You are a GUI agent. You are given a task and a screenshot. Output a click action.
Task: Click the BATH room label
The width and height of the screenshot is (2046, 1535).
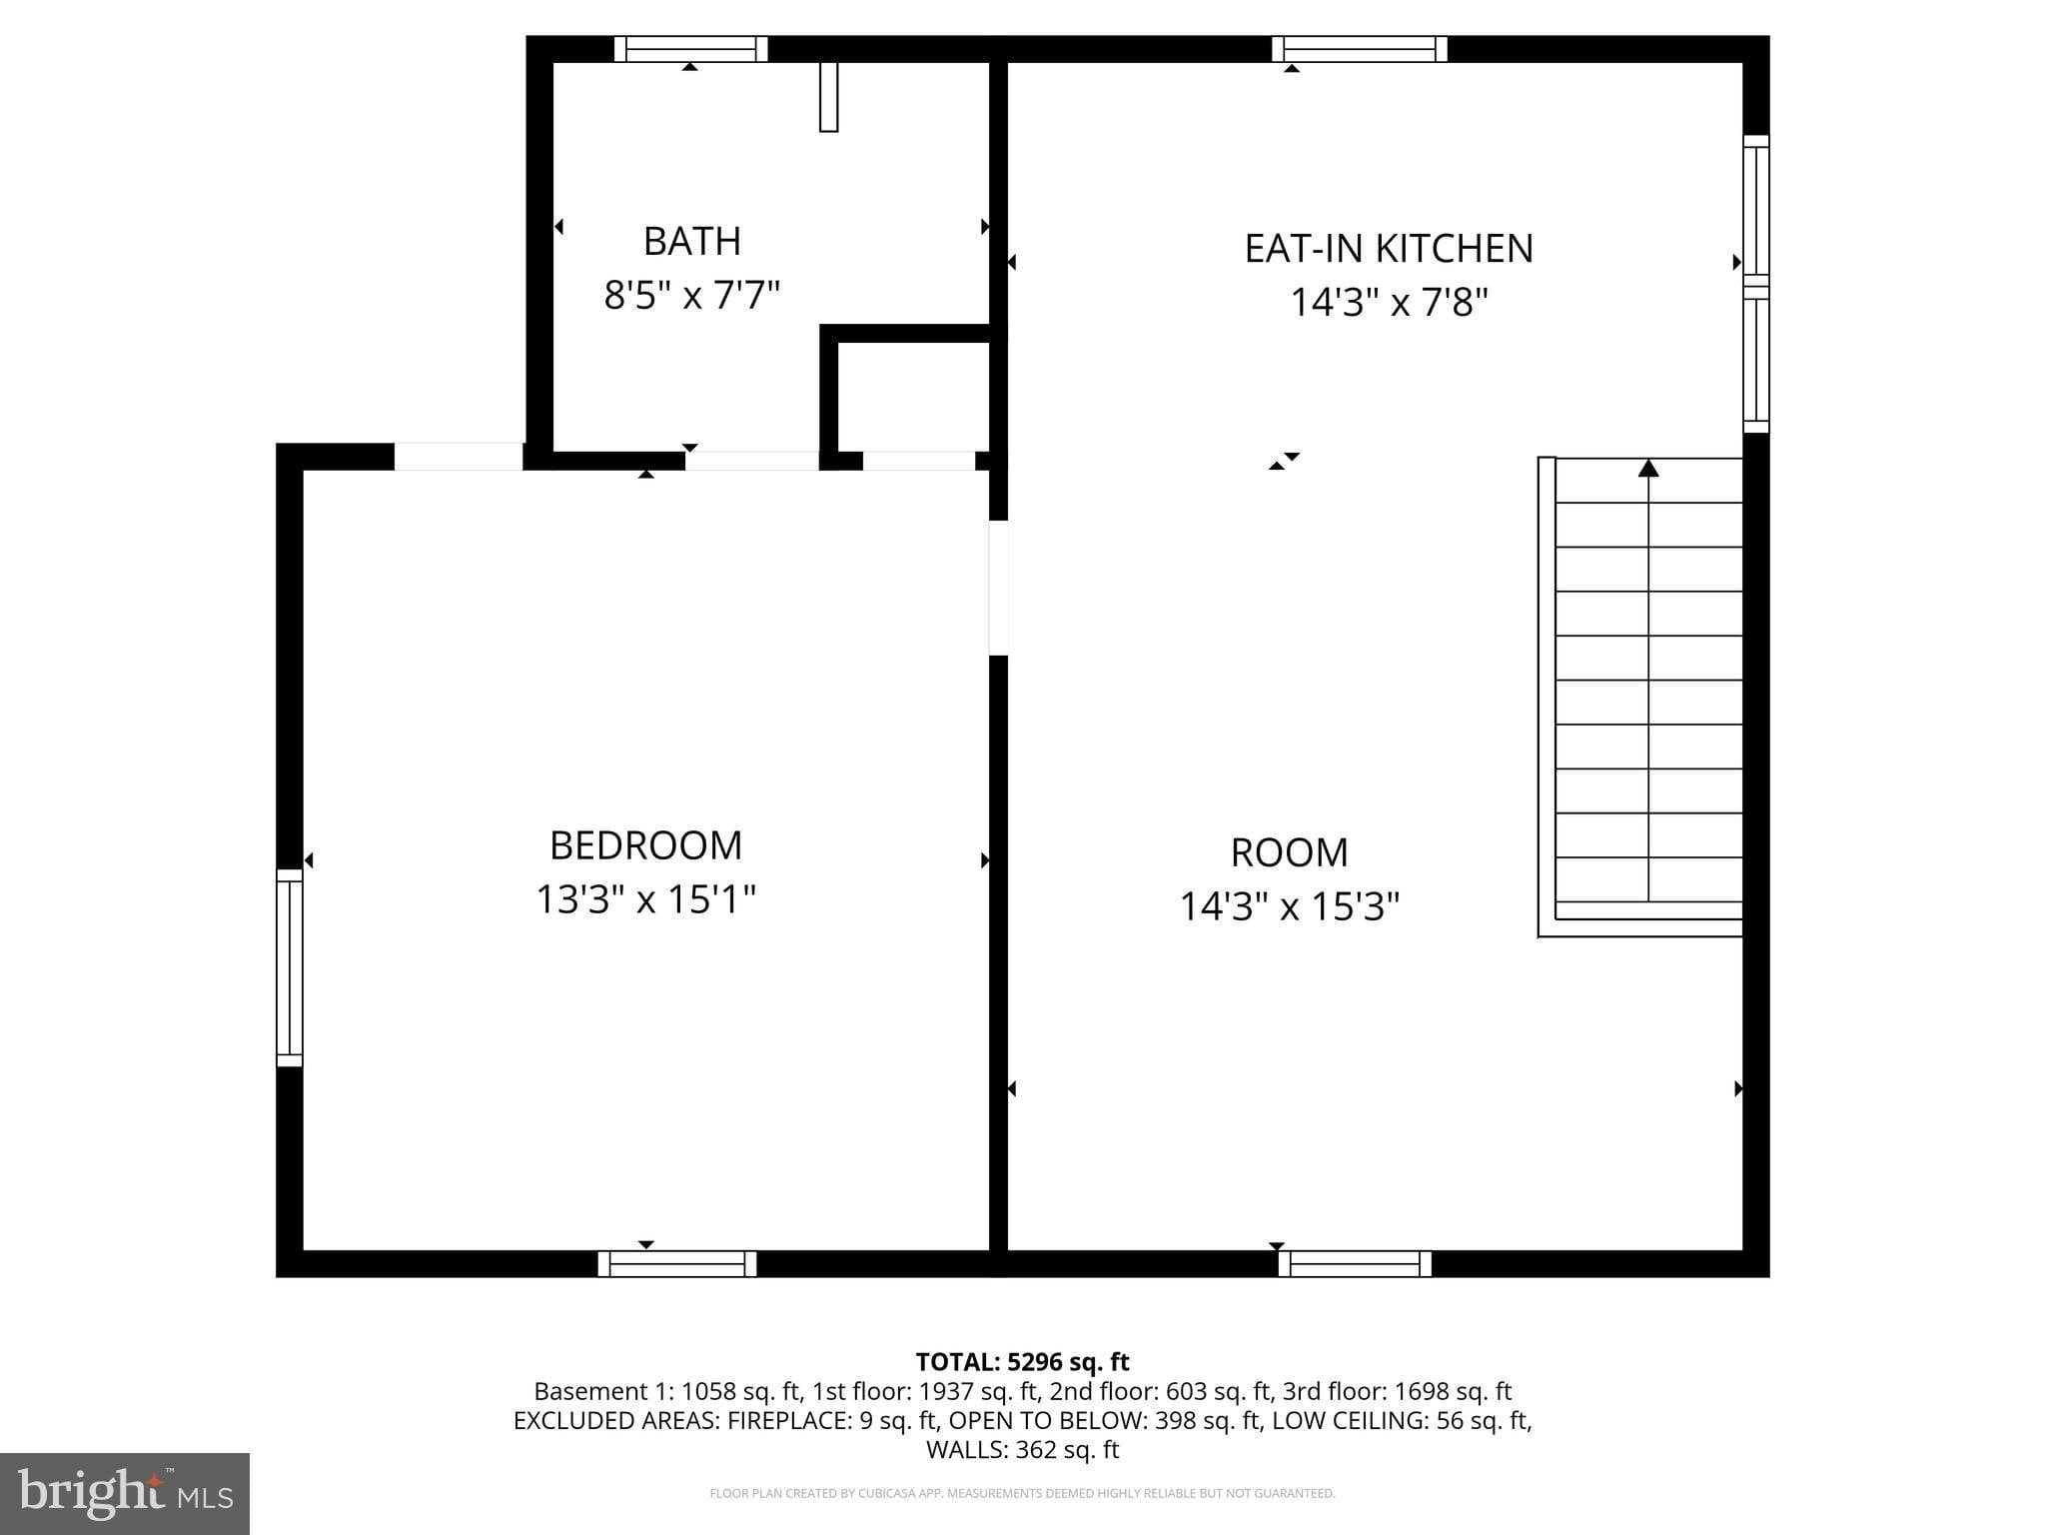[x=691, y=241]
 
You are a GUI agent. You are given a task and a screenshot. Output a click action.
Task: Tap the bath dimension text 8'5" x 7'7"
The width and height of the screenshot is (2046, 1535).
[x=691, y=295]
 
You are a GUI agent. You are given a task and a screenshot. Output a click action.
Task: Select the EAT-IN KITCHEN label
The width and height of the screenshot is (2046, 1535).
[x=1388, y=248]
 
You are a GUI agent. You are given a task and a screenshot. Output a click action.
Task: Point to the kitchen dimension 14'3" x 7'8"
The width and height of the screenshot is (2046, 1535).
[x=1389, y=301]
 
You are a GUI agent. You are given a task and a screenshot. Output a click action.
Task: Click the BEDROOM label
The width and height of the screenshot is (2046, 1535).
[x=645, y=845]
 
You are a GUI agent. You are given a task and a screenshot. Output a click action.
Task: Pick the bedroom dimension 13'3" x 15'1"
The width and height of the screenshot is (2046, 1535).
[x=645, y=898]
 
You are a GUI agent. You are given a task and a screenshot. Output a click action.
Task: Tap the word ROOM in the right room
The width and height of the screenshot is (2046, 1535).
[x=1289, y=852]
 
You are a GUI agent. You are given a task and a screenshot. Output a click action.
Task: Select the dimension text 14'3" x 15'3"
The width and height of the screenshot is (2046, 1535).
[x=1289, y=906]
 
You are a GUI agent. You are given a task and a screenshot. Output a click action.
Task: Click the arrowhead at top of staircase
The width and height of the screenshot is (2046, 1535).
[x=1648, y=468]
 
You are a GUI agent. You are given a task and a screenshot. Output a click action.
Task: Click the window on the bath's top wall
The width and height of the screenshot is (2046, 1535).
[x=690, y=49]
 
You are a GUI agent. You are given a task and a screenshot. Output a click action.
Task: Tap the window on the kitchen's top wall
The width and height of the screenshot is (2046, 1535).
[x=1359, y=49]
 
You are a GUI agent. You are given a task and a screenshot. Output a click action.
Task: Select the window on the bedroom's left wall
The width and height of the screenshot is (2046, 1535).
[x=289, y=967]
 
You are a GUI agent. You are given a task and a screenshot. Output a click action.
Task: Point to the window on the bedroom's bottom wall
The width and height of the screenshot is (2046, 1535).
[x=677, y=1264]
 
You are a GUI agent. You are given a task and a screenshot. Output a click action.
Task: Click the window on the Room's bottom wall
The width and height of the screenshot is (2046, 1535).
[x=1355, y=1264]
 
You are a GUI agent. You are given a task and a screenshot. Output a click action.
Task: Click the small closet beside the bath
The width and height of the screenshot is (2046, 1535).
[x=912, y=397]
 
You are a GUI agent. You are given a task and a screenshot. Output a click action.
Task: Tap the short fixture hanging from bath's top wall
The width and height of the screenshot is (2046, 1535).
[x=828, y=97]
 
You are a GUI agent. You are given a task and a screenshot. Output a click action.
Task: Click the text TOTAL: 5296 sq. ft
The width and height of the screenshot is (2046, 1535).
[x=1022, y=1361]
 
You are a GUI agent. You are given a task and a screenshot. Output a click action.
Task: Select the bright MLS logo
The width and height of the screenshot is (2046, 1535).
[x=124, y=1493]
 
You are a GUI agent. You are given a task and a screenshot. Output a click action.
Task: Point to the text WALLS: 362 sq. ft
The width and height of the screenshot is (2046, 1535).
[x=1022, y=1449]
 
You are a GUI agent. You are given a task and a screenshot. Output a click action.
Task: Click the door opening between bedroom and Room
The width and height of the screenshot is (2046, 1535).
[x=998, y=588]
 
